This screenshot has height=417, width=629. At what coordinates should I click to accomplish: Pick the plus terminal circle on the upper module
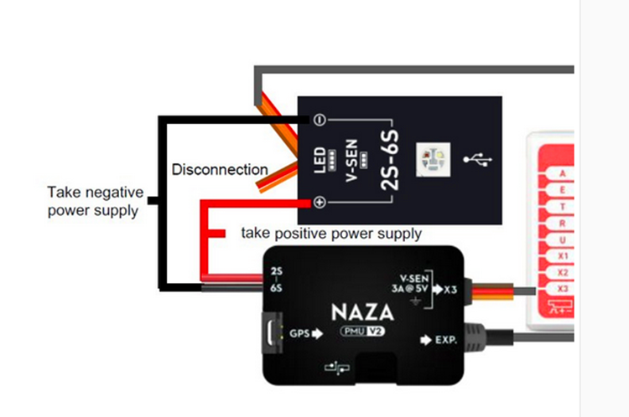[x=320, y=202]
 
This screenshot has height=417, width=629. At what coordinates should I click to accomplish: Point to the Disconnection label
[x=220, y=170]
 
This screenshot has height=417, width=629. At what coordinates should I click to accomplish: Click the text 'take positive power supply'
[x=331, y=234]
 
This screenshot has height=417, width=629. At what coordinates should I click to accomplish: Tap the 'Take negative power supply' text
[x=95, y=201]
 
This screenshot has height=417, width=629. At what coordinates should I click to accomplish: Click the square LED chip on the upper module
[x=434, y=158]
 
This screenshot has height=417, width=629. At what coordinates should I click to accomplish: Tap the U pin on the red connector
[x=561, y=239]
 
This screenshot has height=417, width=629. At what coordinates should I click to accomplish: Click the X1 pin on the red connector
[x=561, y=255]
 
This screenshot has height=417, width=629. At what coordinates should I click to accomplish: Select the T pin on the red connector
[x=561, y=207]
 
